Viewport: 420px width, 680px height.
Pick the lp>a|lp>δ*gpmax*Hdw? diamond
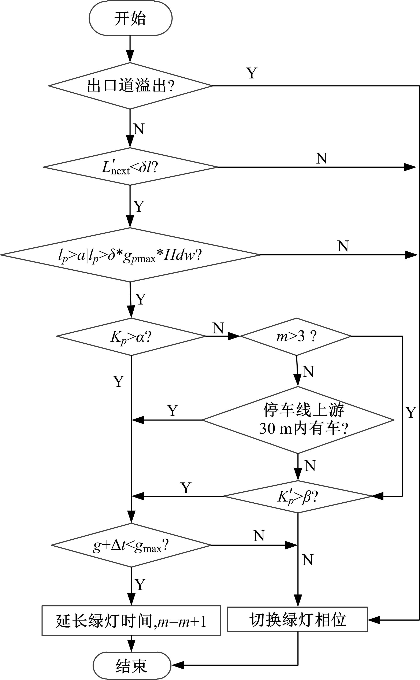[130, 255]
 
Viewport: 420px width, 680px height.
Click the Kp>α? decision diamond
[131, 336]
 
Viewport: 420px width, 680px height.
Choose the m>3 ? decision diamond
[296, 336]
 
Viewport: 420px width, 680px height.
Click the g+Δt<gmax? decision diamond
[131, 545]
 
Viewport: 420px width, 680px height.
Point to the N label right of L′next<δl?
[322, 158]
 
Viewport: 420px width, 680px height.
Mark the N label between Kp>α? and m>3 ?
[218, 328]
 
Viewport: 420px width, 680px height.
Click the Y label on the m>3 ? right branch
[410, 412]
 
